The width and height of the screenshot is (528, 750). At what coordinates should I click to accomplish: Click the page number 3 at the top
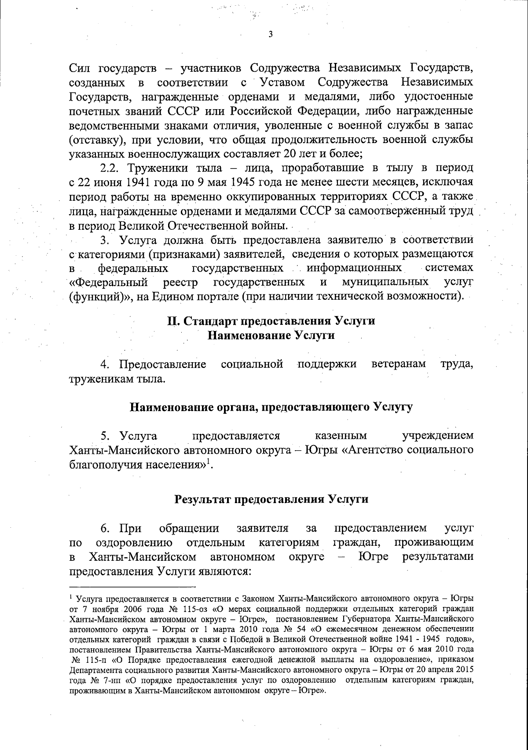(x=270, y=35)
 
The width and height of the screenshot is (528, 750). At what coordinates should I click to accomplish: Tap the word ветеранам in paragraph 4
(x=399, y=364)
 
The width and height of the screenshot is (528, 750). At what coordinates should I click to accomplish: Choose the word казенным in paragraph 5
(x=341, y=436)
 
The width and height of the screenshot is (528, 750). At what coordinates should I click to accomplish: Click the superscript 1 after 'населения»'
(x=209, y=461)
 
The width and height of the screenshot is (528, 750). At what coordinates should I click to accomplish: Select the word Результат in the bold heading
(x=201, y=500)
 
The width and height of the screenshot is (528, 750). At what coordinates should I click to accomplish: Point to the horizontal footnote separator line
(x=132, y=586)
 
